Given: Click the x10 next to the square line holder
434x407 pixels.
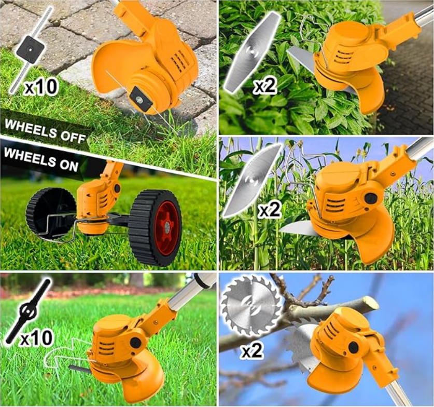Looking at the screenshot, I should coord(40,87).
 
